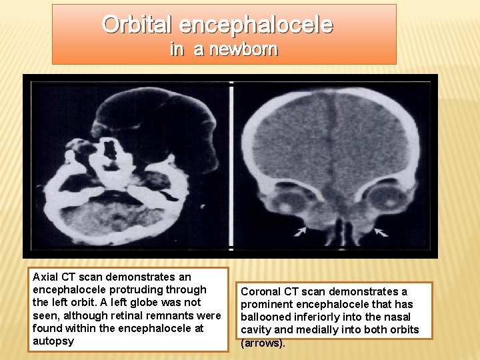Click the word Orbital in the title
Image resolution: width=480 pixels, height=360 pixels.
point(138,25)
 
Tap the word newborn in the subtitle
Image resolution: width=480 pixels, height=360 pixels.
point(244,49)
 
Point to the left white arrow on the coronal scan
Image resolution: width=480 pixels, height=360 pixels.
point(301,231)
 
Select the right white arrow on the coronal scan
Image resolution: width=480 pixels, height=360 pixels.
point(380,231)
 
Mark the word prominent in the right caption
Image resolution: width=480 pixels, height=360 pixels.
point(267,304)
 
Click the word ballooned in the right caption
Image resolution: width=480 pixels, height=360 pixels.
point(265,317)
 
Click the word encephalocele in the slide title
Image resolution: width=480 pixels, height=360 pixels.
point(256,25)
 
